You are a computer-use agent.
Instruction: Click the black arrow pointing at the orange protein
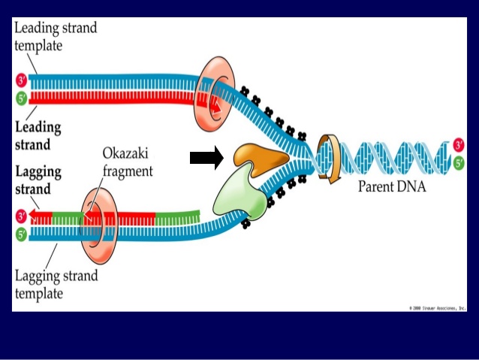click(206, 158)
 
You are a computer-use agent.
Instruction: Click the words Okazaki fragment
click(127, 162)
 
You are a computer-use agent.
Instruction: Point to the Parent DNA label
click(391, 186)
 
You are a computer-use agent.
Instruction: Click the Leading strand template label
click(55, 36)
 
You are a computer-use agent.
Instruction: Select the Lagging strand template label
click(56, 284)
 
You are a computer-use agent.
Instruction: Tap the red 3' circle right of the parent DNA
click(459, 144)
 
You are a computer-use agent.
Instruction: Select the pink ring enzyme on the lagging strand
click(96, 222)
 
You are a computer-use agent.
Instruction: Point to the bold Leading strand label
click(38, 135)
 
